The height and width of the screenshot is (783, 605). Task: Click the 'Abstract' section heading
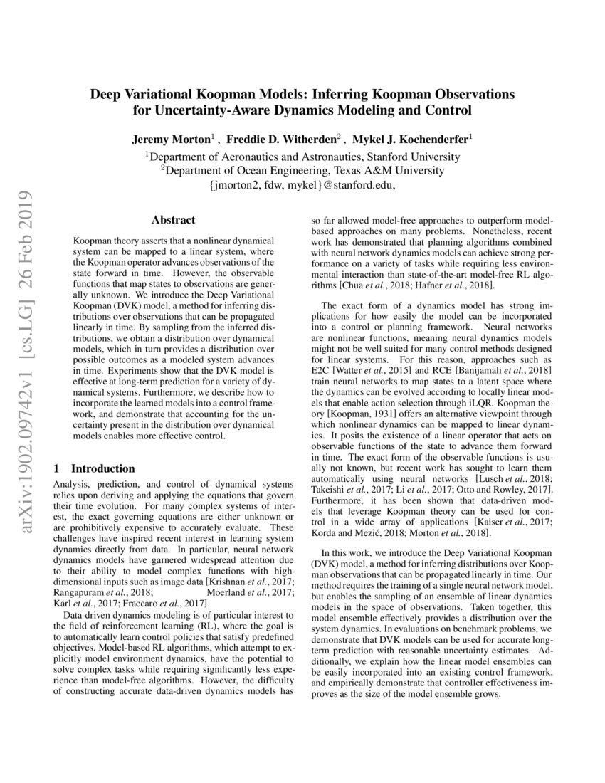[x=174, y=221]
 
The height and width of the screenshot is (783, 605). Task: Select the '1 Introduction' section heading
[x=95, y=468]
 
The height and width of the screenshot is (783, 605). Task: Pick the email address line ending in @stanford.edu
[x=302, y=184]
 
